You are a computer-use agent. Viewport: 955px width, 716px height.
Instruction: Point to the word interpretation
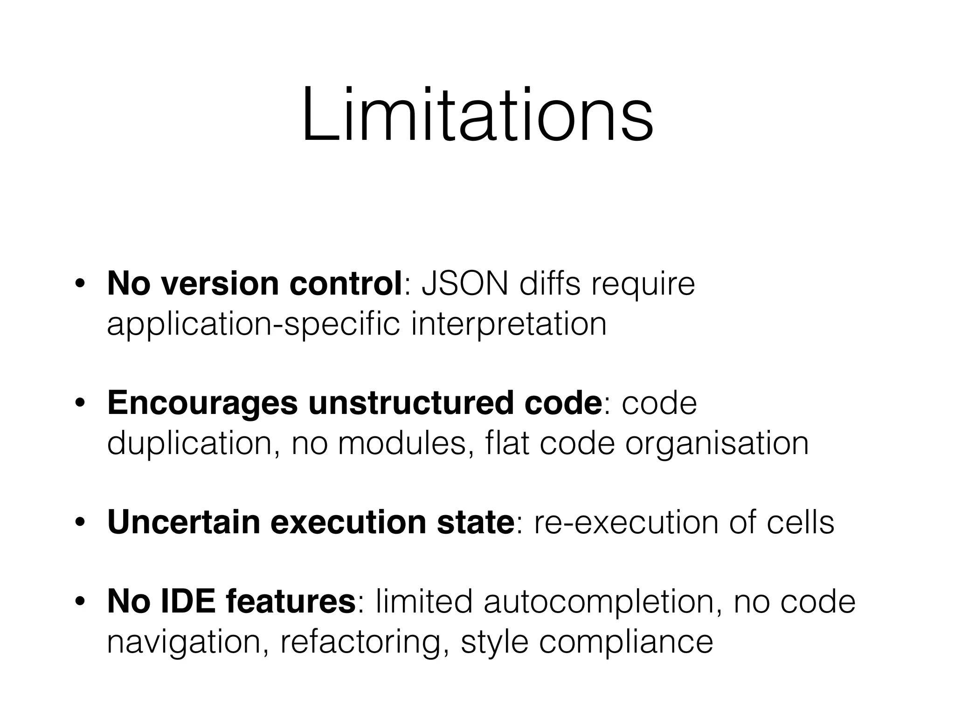click(x=509, y=324)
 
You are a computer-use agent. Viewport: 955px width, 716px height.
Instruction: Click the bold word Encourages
click(x=202, y=404)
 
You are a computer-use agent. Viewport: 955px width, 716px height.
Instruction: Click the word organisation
click(x=717, y=444)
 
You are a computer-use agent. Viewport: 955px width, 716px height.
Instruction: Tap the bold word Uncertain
click(x=183, y=523)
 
